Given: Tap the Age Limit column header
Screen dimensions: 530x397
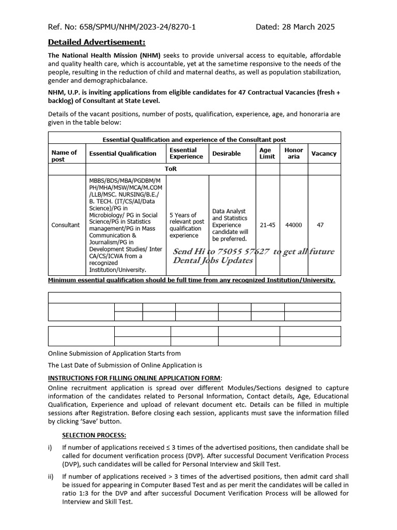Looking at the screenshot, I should pos(267,153).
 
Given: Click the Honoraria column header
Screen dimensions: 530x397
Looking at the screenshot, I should pos(294,153).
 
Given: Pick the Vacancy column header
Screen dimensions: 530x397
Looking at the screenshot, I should pos(324,154).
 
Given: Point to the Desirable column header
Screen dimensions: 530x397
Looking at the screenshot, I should pos(226,154).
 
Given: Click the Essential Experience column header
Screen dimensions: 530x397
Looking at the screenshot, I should pos(186,153).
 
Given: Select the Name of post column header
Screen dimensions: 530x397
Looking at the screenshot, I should pos(64,156).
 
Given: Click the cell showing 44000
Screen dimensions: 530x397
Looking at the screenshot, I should pos(294,225).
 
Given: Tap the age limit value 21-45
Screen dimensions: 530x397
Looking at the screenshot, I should pos(267,225).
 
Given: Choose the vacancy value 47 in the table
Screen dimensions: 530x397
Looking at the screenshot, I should pos(320,225).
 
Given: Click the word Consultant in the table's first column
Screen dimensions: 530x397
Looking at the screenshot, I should pos(66,225).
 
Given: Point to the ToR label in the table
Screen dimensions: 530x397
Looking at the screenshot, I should pos(171,169).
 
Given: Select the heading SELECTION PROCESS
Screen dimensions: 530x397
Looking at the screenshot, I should pos(94,435).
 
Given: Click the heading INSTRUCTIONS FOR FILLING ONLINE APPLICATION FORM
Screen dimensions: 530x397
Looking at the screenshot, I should pos(134,378).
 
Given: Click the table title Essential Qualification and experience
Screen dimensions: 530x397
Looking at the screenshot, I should pos(194,139).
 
